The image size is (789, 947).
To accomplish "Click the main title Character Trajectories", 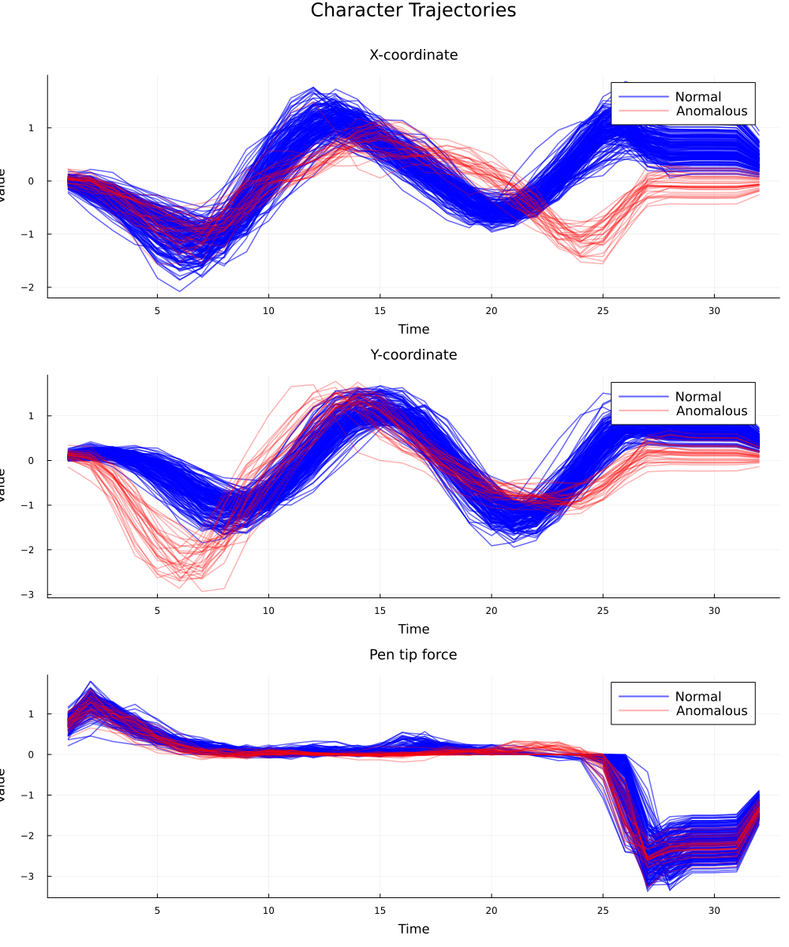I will pos(413,10).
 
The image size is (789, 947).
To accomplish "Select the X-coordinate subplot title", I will pos(413,55).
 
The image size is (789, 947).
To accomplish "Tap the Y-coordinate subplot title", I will pos(413,355).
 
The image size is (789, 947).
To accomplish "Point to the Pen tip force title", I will pos(413,655).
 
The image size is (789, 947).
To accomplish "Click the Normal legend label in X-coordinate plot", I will pos(698,97).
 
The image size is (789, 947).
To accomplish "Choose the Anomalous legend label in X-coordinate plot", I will pos(712,111).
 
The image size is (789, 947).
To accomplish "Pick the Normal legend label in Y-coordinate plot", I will pos(698,397).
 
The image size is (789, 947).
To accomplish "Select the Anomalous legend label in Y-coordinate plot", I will pos(712,411).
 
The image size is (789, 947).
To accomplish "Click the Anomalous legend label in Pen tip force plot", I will pos(712,711).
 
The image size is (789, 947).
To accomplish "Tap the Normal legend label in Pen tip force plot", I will pos(698,697).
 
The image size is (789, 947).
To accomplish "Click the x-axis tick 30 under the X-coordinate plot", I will pos(715,310).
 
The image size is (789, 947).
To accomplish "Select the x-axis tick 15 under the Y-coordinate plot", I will pos(380,610).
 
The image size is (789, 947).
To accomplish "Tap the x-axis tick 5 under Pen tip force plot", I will pos(157,910).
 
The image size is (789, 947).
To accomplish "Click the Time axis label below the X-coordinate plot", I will pos(413,329).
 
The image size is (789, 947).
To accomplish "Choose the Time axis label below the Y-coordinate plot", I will pos(413,629).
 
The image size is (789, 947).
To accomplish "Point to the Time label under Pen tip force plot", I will pos(413,929).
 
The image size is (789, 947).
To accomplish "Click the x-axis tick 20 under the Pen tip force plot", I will pos(492,910).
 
